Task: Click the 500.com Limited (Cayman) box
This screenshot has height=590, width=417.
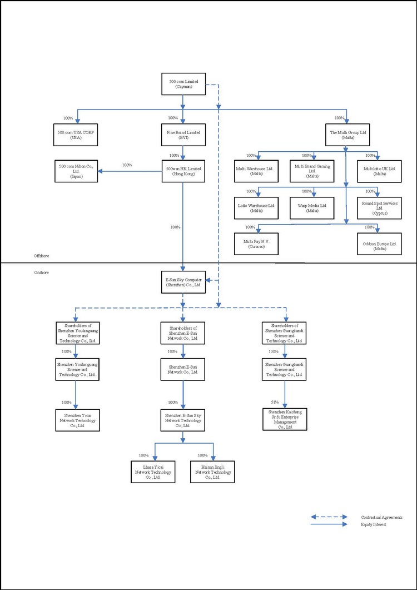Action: (x=183, y=85)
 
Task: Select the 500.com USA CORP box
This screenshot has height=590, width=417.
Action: (x=76, y=135)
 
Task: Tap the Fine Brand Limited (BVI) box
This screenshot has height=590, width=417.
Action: (x=183, y=135)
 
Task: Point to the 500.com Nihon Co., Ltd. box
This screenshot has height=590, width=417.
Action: (x=76, y=171)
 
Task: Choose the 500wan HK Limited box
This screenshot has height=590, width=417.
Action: (x=183, y=171)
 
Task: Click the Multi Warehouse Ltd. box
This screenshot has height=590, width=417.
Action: (x=255, y=171)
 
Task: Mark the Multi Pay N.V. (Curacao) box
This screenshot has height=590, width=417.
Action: (x=255, y=244)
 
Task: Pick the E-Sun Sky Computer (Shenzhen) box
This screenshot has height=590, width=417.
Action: (x=183, y=282)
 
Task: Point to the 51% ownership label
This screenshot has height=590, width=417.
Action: (x=274, y=402)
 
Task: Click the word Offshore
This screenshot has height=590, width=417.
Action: (x=42, y=255)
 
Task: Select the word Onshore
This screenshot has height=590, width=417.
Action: (x=42, y=272)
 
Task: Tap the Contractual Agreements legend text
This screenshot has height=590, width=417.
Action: (x=381, y=517)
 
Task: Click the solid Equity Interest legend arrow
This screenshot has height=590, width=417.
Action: (x=329, y=524)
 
